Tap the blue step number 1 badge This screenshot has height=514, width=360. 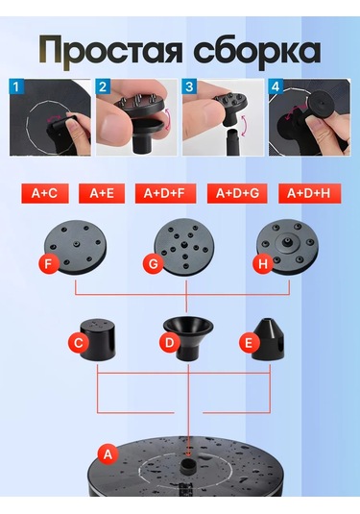(x=16, y=86)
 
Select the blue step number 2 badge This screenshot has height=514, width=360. (x=103, y=86)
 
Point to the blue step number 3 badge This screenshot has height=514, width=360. (x=189, y=86)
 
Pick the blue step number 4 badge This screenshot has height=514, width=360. (x=276, y=86)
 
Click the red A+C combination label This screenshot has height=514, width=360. (x=45, y=193)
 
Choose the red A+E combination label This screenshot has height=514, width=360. (x=102, y=193)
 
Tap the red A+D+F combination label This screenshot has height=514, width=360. (x=165, y=193)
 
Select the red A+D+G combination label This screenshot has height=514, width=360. (x=237, y=193)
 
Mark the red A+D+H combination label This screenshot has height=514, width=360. (x=309, y=193)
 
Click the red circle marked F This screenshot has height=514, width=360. (x=49, y=264)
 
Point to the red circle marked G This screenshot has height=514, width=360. (x=153, y=264)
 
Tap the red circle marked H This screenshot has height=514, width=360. (x=263, y=264)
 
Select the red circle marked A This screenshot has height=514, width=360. (x=108, y=454)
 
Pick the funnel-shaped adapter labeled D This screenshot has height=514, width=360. (x=188, y=339)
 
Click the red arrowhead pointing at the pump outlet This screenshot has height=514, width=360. (x=188, y=453)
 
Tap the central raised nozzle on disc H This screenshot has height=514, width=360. (x=287, y=242)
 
